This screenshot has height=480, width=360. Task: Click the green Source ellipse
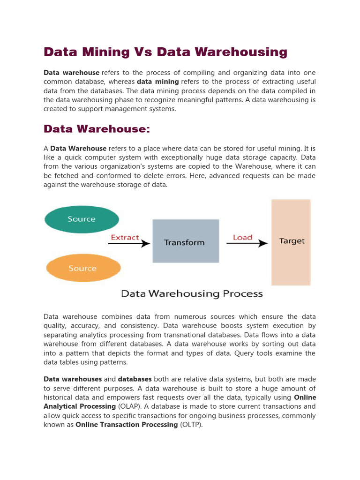click(x=82, y=219)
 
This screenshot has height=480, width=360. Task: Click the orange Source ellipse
click(x=83, y=269)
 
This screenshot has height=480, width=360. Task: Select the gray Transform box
click(x=186, y=241)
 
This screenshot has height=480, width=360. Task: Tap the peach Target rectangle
click(x=291, y=242)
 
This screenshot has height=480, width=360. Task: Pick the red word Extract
click(x=125, y=237)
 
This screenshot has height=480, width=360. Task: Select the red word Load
click(x=243, y=237)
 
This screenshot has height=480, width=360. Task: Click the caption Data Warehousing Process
click(x=192, y=294)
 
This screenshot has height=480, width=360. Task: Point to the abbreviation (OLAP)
click(x=128, y=406)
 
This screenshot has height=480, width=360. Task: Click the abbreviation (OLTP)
click(x=191, y=425)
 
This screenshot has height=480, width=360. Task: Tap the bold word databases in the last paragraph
click(x=135, y=379)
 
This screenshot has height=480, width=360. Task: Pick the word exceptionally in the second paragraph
click(x=181, y=157)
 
